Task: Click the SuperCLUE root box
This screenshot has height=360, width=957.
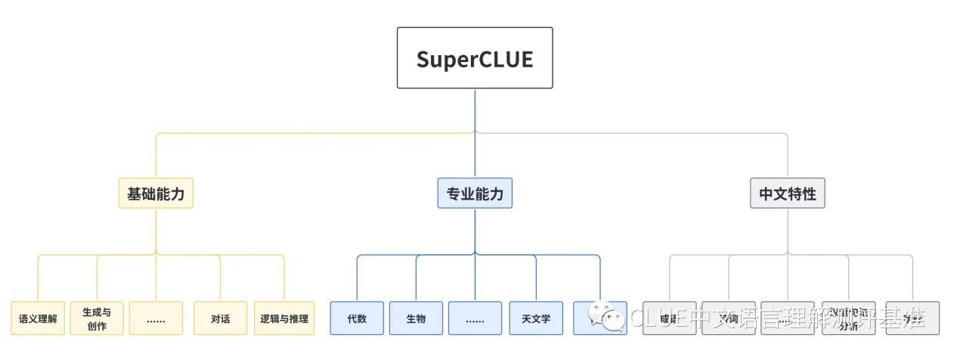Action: coord(475,58)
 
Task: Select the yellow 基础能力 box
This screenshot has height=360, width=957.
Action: coord(156,194)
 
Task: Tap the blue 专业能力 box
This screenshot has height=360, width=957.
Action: coord(475,194)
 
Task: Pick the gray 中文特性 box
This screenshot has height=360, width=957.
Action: coord(788,194)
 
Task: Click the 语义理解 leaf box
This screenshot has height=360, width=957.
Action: coord(38,318)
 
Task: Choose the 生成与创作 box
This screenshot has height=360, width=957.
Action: coord(97,318)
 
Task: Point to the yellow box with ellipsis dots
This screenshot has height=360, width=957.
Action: coord(156,318)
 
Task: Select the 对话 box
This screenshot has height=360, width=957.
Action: coord(220,318)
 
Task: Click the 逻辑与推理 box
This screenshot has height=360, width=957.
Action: coord(284,318)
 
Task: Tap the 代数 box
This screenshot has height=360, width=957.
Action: coord(357,318)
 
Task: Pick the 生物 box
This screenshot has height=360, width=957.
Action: coord(416,318)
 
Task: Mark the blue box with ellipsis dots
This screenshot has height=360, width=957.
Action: coord(475,318)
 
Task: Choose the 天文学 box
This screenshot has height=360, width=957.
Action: coord(536,318)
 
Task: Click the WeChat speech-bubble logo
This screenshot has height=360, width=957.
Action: coord(607,317)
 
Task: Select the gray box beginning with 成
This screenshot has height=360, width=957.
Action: coord(669,318)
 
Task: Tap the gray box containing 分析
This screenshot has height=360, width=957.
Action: coord(848,318)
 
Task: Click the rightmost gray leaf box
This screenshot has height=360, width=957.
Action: coord(912,318)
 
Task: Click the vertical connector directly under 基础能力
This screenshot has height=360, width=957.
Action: coord(156,231)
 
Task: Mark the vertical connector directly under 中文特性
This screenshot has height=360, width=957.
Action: coord(788,231)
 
